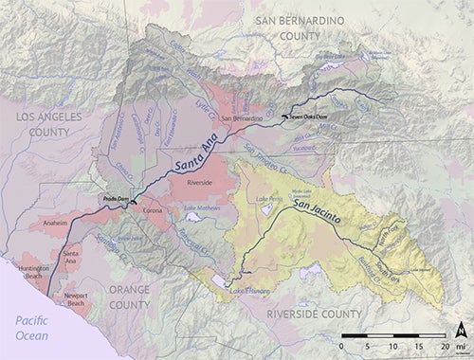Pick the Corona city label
tap(153, 209)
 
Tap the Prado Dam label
tap(116, 198)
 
